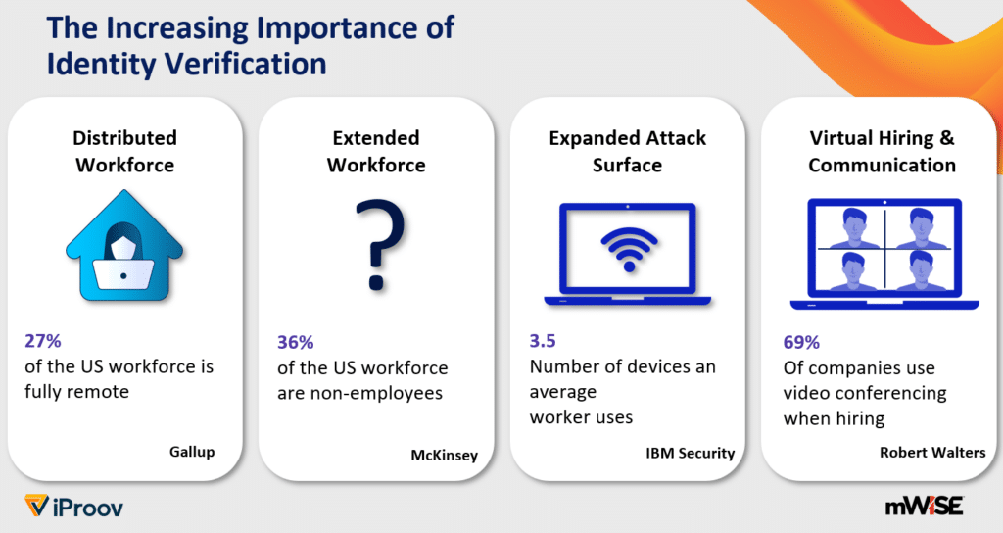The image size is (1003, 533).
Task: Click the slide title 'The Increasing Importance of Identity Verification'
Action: click(251, 45)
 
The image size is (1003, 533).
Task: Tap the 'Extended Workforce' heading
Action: click(376, 151)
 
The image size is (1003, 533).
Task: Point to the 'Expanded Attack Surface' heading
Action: click(627, 151)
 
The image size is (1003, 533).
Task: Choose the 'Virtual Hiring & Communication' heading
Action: click(882, 151)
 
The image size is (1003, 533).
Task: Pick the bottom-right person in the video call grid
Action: click(921, 271)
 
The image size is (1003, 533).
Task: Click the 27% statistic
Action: click(43, 342)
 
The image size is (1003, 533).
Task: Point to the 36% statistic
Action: click(295, 343)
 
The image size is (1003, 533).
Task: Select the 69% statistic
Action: click(801, 342)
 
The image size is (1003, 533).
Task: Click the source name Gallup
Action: click(191, 452)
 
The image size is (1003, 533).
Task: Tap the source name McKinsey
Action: click(444, 454)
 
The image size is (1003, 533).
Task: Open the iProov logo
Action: click(74, 507)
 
